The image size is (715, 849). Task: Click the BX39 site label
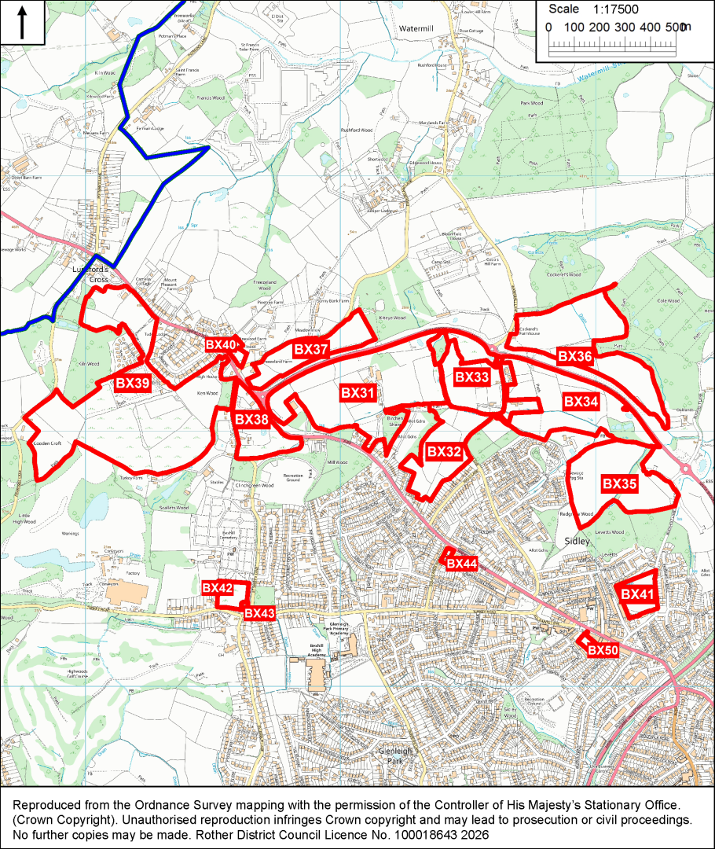tap(134, 383)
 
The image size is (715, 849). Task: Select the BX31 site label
tap(358, 392)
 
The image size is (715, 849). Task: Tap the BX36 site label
tap(574, 356)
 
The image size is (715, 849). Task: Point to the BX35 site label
tap(620, 484)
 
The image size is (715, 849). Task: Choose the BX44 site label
tap(461, 564)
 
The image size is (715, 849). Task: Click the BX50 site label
tap(603, 650)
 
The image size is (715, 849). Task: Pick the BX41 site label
tap(637, 594)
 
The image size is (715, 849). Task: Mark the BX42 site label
tap(218, 587)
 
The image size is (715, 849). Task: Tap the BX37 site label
tap(311, 349)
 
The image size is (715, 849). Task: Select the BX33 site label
tap(472, 377)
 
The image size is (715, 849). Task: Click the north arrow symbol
tap(21, 21)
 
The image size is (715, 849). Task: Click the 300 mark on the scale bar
tap(625, 28)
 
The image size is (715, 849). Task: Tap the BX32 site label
tap(443, 452)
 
